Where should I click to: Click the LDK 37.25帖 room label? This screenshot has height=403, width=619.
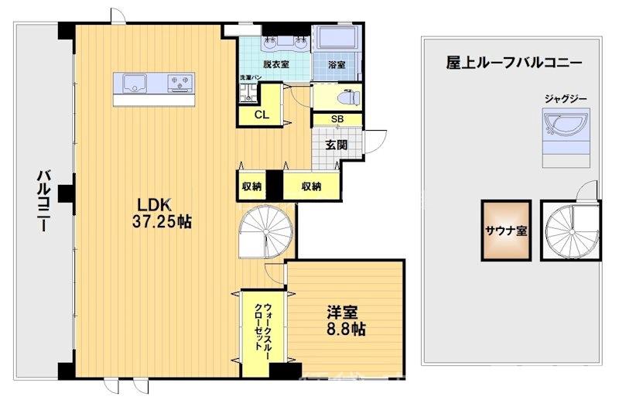pyautogui.click(x=164, y=213)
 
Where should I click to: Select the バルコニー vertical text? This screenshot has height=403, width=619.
pyautogui.click(x=43, y=200)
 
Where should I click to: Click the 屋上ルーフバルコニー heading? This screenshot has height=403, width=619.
pyautogui.click(x=514, y=63)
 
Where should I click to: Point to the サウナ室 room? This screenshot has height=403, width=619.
pyautogui.click(x=507, y=230)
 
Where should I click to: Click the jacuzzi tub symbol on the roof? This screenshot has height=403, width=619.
pyautogui.click(x=566, y=125)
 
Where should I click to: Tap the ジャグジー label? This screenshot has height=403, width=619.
pyautogui.click(x=566, y=99)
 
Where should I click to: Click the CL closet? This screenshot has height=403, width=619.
pyautogui.click(x=262, y=115)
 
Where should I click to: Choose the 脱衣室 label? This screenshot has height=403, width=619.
pyautogui.click(x=275, y=65)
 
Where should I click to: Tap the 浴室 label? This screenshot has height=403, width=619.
pyautogui.click(x=336, y=65)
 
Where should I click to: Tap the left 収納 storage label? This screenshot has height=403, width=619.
pyautogui.click(x=251, y=186)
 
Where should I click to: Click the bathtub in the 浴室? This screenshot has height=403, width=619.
pyautogui.click(x=335, y=39)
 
